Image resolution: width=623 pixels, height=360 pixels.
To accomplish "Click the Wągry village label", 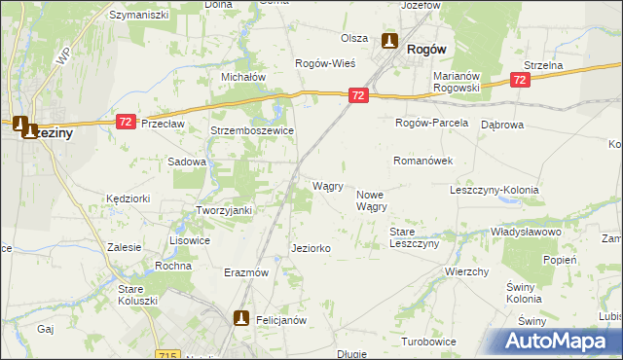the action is tap(327, 186).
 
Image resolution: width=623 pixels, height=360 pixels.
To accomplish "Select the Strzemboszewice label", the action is tap(252, 129).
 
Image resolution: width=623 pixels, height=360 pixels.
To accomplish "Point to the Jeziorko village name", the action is tap(311, 249).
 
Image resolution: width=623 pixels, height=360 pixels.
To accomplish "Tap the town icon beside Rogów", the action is tap(389, 42).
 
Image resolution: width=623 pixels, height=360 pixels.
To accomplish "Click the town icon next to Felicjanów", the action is tap(241, 317).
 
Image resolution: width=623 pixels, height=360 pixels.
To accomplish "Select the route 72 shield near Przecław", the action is tap(126, 121).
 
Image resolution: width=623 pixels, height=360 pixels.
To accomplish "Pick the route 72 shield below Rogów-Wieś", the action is tap(359, 95).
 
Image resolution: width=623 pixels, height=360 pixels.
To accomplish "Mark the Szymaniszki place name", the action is tap(139, 16).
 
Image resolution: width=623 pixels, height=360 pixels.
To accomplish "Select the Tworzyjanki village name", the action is tap(225, 211).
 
